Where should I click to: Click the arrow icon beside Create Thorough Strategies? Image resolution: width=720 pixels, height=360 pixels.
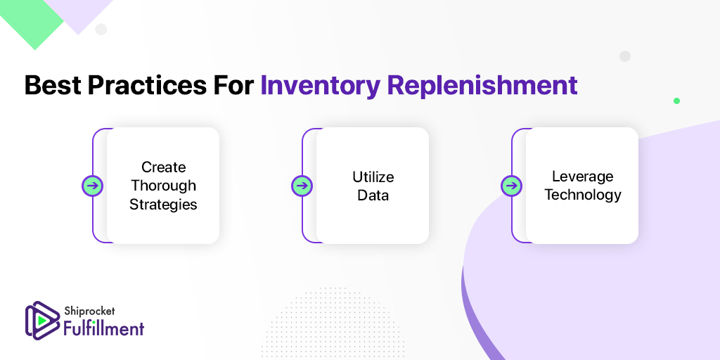[x=92, y=186]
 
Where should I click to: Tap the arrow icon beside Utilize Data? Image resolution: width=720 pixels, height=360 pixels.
[x=302, y=186]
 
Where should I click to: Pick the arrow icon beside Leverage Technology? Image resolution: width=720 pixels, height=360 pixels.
[x=511, y=186]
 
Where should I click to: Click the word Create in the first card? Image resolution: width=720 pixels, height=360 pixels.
[x=163, y=167]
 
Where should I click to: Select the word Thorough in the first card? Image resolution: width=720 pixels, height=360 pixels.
[x=163, y=186]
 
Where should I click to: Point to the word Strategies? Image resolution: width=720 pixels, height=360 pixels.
[x=163, y=205]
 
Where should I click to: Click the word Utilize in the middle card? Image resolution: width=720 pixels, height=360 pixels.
[x=373, y=176]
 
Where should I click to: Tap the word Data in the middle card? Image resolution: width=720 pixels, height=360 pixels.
[x=373, y=195]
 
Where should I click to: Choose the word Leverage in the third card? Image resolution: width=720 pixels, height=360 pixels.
[x=583, y=176]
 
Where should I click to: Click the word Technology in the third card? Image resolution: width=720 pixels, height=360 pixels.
[x=583, y=195]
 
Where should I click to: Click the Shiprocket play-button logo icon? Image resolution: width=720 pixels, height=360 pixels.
[x=41, y=320]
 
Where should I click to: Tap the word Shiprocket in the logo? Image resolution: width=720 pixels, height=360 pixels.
[x=89, y=312]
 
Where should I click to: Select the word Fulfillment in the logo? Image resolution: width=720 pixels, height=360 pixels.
[x=104, y=328]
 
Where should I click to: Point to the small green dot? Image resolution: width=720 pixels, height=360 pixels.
[x=676, y=101]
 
